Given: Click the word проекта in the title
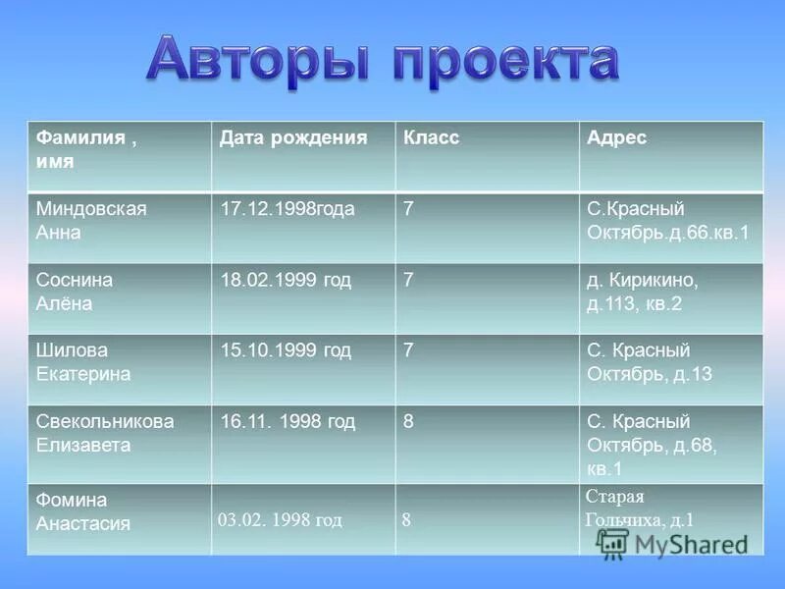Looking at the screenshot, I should [x=505, y=61].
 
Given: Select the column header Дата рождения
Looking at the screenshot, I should [x=293, y=138].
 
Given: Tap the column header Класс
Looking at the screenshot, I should [x=431, y=138].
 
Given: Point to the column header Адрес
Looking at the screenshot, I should [x=616, y=138].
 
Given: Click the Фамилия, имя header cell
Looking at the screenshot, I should [x=86, y=149].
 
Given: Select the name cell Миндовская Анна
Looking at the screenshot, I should [x=91, y=221].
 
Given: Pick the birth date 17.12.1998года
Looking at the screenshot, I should [x=288, y=209].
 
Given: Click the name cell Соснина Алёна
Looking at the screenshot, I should [x=75, y=292].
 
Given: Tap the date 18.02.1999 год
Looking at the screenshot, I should [x=285, y=280].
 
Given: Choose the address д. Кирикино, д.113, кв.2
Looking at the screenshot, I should [x=642, y=292].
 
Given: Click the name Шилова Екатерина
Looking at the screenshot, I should [x=83, y=362].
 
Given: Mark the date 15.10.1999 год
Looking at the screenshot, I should [x=285, y=350].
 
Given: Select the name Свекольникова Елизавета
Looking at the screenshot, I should [x=105, y=433].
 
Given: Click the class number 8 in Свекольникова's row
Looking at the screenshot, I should [x=408, y=421].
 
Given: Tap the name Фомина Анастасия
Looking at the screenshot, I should [x=83, y=511].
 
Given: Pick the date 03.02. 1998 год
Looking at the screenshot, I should [x=280, y=520].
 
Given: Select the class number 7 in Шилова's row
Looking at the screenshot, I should [x=408, y=350].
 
